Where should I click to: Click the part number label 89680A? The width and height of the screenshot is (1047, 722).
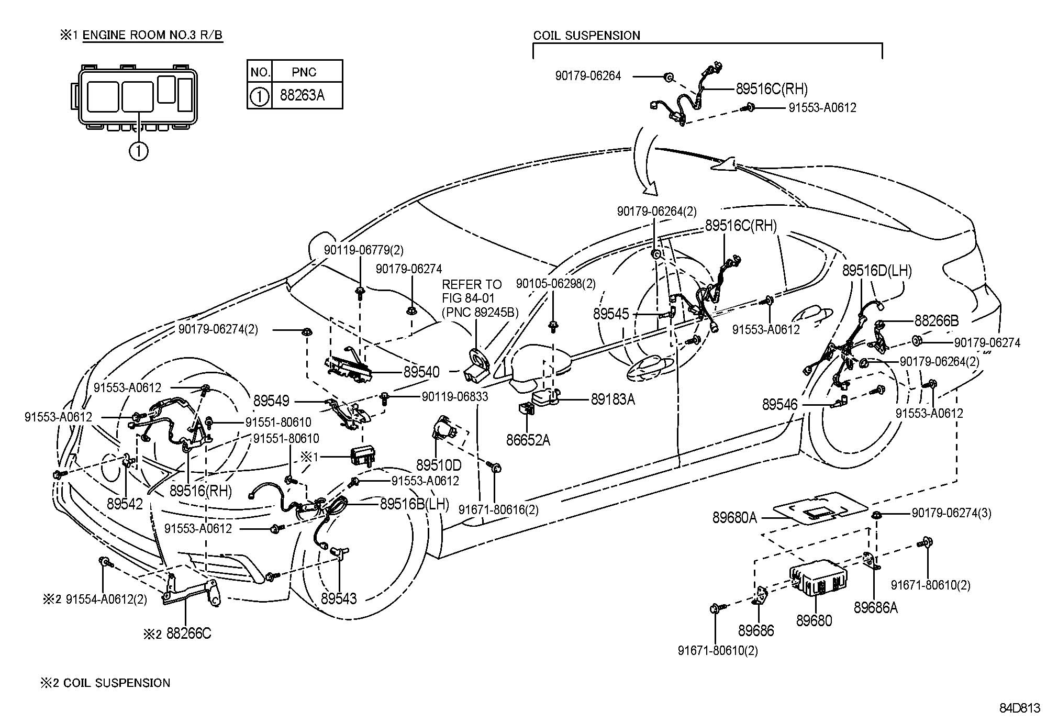click(734, 518)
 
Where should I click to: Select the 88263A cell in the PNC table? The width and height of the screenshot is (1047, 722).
click(302, 95)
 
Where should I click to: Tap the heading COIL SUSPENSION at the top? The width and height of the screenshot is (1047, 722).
click(586, 36)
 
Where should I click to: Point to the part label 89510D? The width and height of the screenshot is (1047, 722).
click(439, 465)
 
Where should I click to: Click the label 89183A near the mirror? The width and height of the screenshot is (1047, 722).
click(612, 399)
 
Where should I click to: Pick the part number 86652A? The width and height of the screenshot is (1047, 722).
click(528, 440)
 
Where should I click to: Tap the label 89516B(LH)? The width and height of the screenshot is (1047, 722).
click(414, 504)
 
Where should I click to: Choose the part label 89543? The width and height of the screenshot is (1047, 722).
click(339, 598)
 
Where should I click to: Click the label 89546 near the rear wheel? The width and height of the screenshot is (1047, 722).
click(779, 404)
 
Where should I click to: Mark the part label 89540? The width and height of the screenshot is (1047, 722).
click(421, 372)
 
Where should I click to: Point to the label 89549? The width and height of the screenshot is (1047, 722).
click(271, 401)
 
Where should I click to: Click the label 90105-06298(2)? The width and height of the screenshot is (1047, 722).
click(555, 284)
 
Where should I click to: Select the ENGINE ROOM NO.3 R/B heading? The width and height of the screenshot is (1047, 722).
click(152, 35)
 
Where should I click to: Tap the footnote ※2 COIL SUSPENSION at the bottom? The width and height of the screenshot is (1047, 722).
click(105, 683)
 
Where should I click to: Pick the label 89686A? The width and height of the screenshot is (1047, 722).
click(875, 607)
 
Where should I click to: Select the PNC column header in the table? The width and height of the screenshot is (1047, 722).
click(304, 72)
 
